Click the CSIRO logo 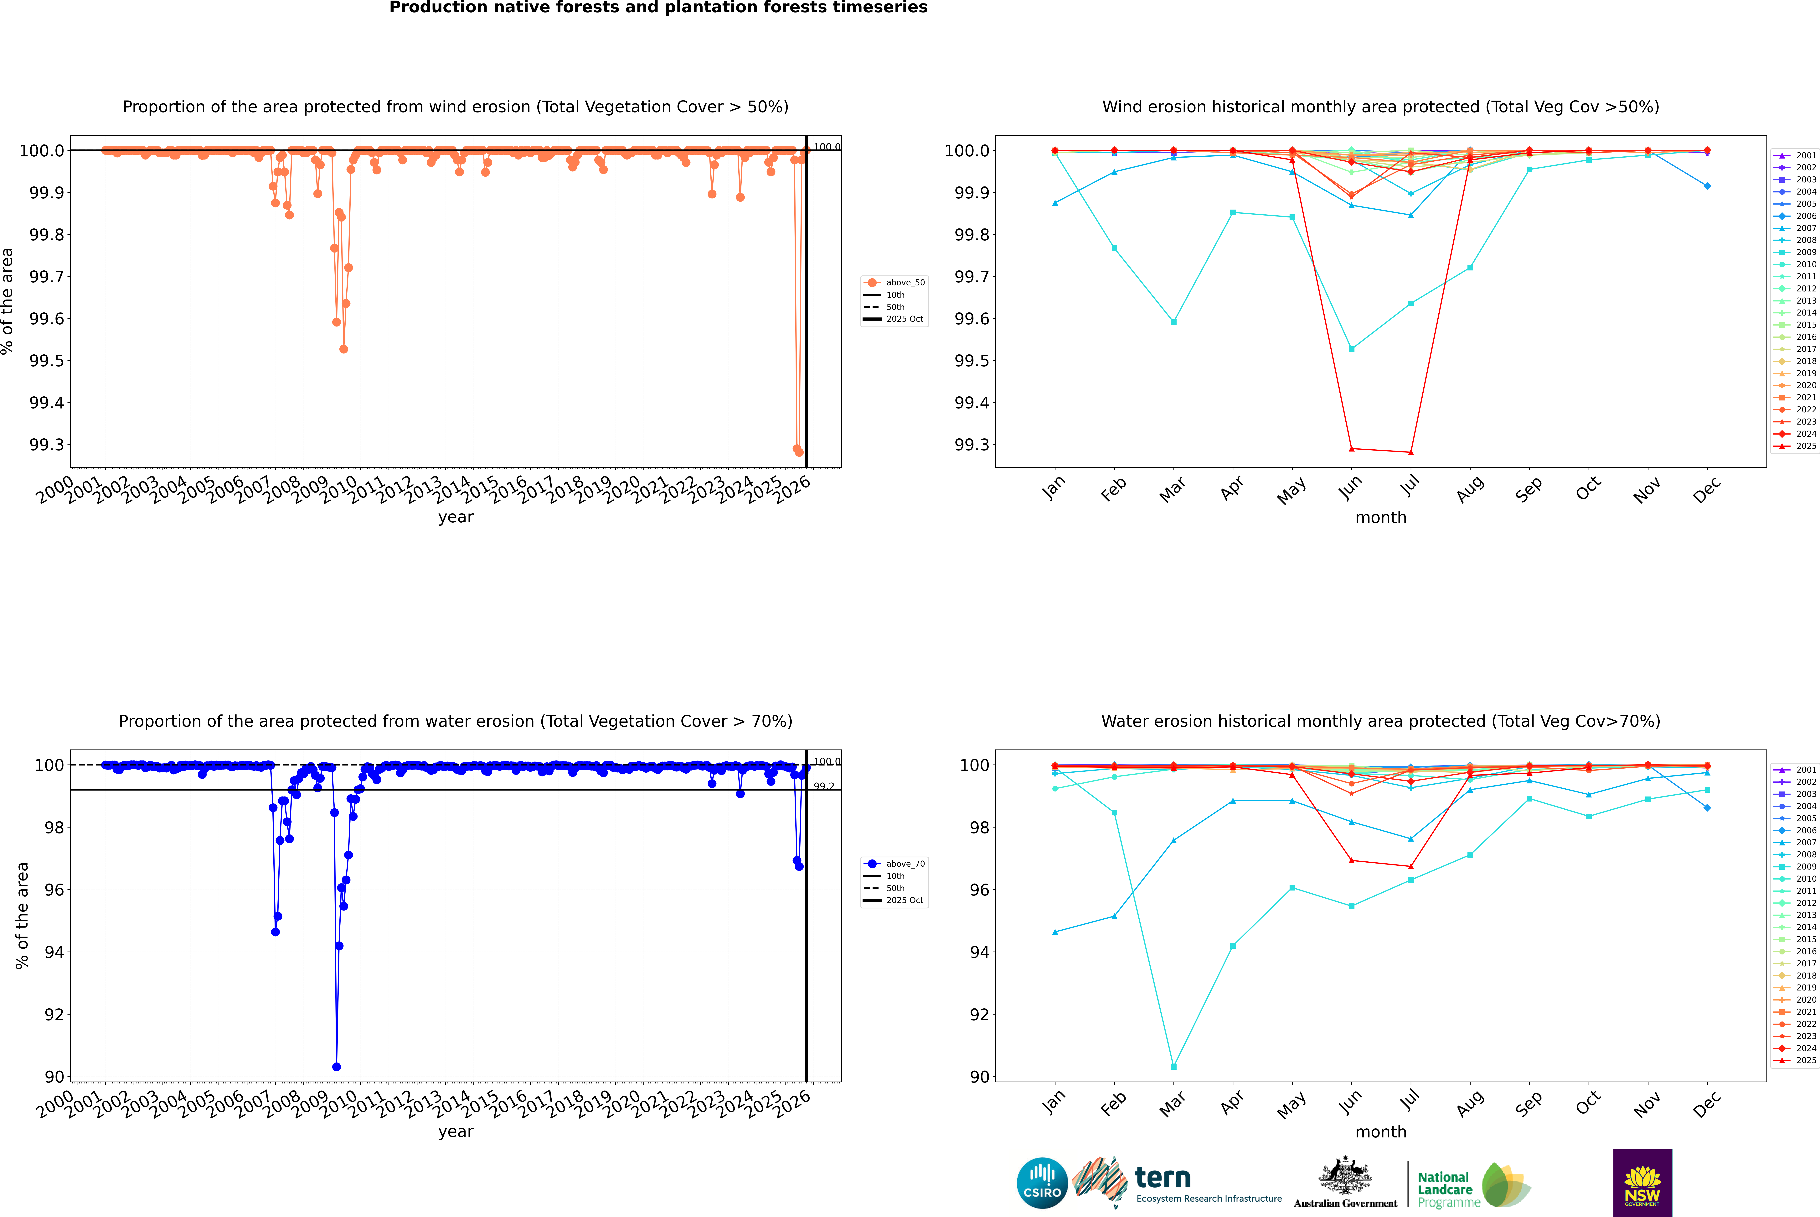tap(1042, 1183)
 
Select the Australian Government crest tap(1345, 1177)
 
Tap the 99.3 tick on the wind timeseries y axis tap(47, 445)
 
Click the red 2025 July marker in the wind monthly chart tap(1410, 452)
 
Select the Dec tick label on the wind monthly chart tap(1707, 490)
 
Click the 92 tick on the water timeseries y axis tap(54, 1014)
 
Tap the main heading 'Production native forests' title tap(658, 8)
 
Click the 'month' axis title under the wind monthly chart tap(1380, 518)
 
